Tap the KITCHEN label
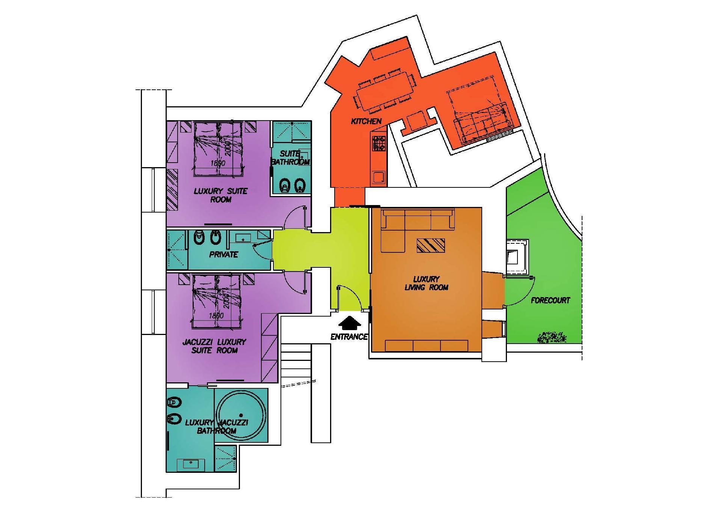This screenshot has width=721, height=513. click(366, 121)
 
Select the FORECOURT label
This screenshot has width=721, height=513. click(550, 300)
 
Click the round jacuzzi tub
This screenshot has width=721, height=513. click(241, 415)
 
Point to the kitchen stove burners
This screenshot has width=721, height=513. click(379, 143)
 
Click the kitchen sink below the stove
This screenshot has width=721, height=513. click(379, 177)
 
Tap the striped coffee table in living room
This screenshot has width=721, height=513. click(431, 246)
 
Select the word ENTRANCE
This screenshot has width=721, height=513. click(349, 337)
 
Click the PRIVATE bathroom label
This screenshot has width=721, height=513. click(223, 255)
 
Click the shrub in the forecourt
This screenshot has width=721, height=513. click(552, 337)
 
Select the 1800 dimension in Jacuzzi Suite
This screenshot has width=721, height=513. click(216, 315)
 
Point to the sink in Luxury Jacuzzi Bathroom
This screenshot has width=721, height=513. click(191, 464)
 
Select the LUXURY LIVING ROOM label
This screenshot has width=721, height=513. click(426, 284)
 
